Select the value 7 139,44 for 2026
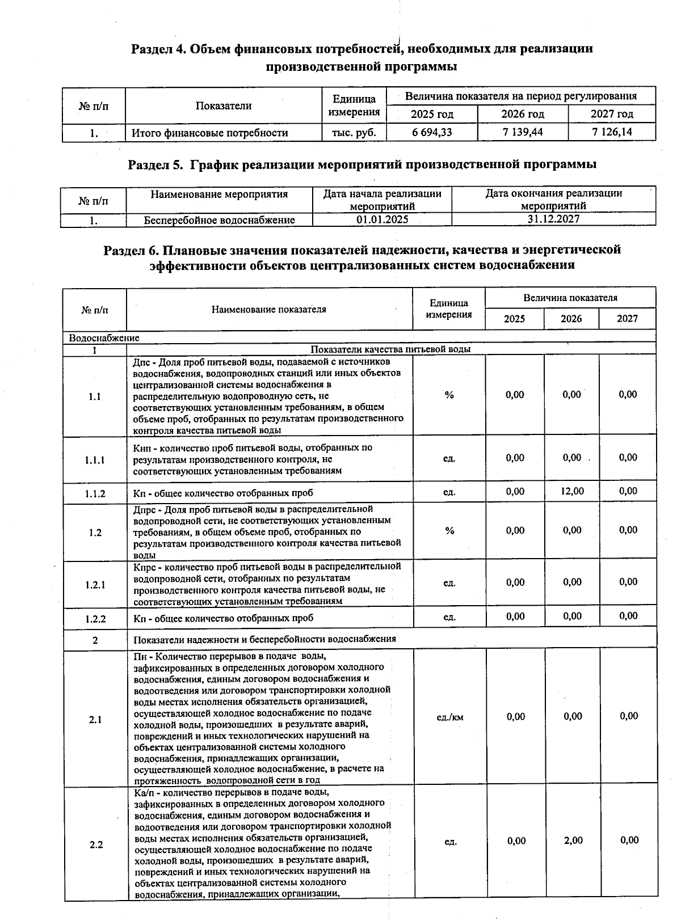[x=522, y=133]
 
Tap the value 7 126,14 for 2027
[x=611, y=133]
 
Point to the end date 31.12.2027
[x=553, y=219]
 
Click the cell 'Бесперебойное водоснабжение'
[x=219, y=220]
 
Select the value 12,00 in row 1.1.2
[x=571, y=492]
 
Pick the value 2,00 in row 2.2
[x=573, y=840]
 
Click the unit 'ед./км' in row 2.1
[x=449, y=717]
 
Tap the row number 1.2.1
[x=95, y=585]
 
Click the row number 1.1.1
[x=95, y=460]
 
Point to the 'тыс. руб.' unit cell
[x=354, y=133]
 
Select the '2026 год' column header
[x=522, y=114]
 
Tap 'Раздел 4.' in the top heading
[x=159, y=49]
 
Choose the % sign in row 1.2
[x=449, y=531]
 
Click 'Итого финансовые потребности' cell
[x=210, y=133]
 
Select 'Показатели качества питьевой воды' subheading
[x=390, y=349]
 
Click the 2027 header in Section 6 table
[x=627, y=319]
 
